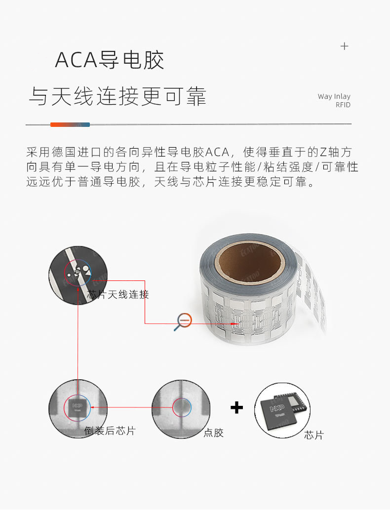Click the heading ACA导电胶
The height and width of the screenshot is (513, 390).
109,60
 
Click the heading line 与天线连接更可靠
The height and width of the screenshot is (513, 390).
117,96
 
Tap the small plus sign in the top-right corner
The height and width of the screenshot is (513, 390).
344,46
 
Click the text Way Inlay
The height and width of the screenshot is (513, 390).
334,96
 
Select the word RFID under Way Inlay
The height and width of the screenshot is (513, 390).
343,105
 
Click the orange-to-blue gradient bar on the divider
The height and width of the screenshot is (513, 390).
70,124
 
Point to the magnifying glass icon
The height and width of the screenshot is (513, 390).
183,322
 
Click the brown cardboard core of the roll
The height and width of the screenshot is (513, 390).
249,261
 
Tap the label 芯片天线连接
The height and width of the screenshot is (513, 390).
118,294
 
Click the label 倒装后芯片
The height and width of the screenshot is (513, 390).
110,431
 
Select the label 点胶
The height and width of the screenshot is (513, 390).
214,433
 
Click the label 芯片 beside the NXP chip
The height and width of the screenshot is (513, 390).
314,435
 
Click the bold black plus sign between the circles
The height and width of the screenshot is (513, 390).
236,408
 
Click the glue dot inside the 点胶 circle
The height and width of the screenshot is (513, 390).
181,407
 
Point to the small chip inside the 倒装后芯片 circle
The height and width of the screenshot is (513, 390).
77,408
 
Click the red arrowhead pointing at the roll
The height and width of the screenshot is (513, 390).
236,324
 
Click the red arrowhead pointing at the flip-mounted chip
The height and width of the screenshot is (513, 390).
93,407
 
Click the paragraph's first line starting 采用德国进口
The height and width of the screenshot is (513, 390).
189,152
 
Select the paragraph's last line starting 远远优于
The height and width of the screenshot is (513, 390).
170,182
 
